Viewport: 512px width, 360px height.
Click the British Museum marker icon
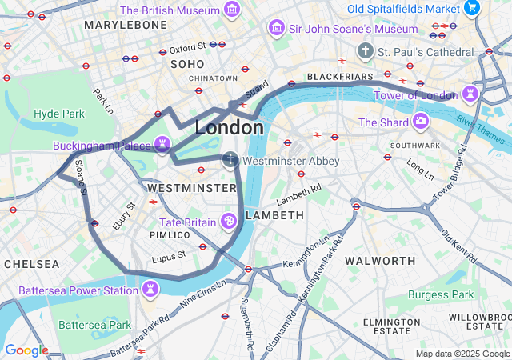[232, 10]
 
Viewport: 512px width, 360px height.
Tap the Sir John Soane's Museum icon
[277, 29]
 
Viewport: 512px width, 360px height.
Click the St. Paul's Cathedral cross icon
[366, 51]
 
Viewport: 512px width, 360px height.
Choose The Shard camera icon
[420, 122]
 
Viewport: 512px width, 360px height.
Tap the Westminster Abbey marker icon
[230, 161]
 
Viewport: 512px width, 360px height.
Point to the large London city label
[229, 128]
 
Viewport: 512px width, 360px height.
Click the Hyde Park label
[58, 114]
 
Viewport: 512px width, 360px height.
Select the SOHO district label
[187, 63]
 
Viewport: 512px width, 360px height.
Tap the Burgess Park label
[440, 294]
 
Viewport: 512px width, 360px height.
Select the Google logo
[26, 350]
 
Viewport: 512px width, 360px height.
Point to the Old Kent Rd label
[459, 246]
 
